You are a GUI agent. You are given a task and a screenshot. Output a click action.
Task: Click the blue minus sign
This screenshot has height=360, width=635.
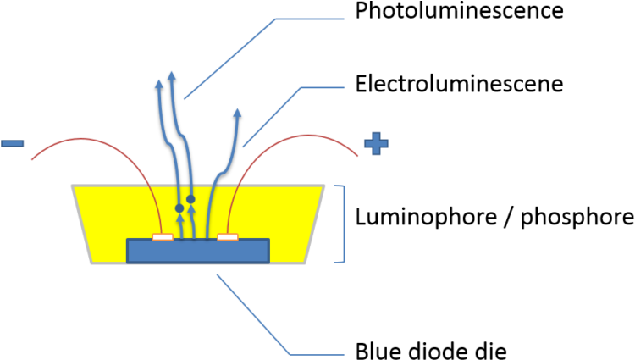click(13, 143)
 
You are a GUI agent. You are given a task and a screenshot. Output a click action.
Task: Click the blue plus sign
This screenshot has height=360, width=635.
click(376, 143)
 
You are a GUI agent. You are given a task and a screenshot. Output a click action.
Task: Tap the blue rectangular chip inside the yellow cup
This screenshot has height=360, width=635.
click(197, 252)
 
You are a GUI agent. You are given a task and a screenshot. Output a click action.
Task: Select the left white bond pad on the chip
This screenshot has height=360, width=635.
click(163, 237)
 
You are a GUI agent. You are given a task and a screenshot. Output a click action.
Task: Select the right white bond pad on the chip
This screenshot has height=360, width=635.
click(228, 237)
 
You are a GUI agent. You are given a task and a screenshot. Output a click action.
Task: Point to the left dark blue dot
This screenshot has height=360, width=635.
click(179, 208)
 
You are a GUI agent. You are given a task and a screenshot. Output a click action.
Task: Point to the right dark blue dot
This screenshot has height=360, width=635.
click(190, 199)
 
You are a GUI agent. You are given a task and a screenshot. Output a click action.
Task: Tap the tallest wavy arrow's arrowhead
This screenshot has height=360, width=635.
click(172, 75)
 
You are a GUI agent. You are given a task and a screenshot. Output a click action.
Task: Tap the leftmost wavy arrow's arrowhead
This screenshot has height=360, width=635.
click(159, 83)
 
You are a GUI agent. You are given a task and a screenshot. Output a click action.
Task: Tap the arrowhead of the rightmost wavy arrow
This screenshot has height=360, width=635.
click(237, 112)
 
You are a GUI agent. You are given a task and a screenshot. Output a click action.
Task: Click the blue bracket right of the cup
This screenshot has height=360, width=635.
click(343, 224)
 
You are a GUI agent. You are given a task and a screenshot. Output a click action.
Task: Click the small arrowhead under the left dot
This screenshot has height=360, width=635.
click(179, 219)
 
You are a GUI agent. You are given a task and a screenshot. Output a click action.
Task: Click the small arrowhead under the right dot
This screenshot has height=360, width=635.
click(190, 210)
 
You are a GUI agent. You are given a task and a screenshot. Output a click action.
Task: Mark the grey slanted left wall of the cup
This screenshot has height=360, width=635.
click(81, 224)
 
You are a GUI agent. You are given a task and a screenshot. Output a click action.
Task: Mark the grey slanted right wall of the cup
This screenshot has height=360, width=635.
click(315, 224)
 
